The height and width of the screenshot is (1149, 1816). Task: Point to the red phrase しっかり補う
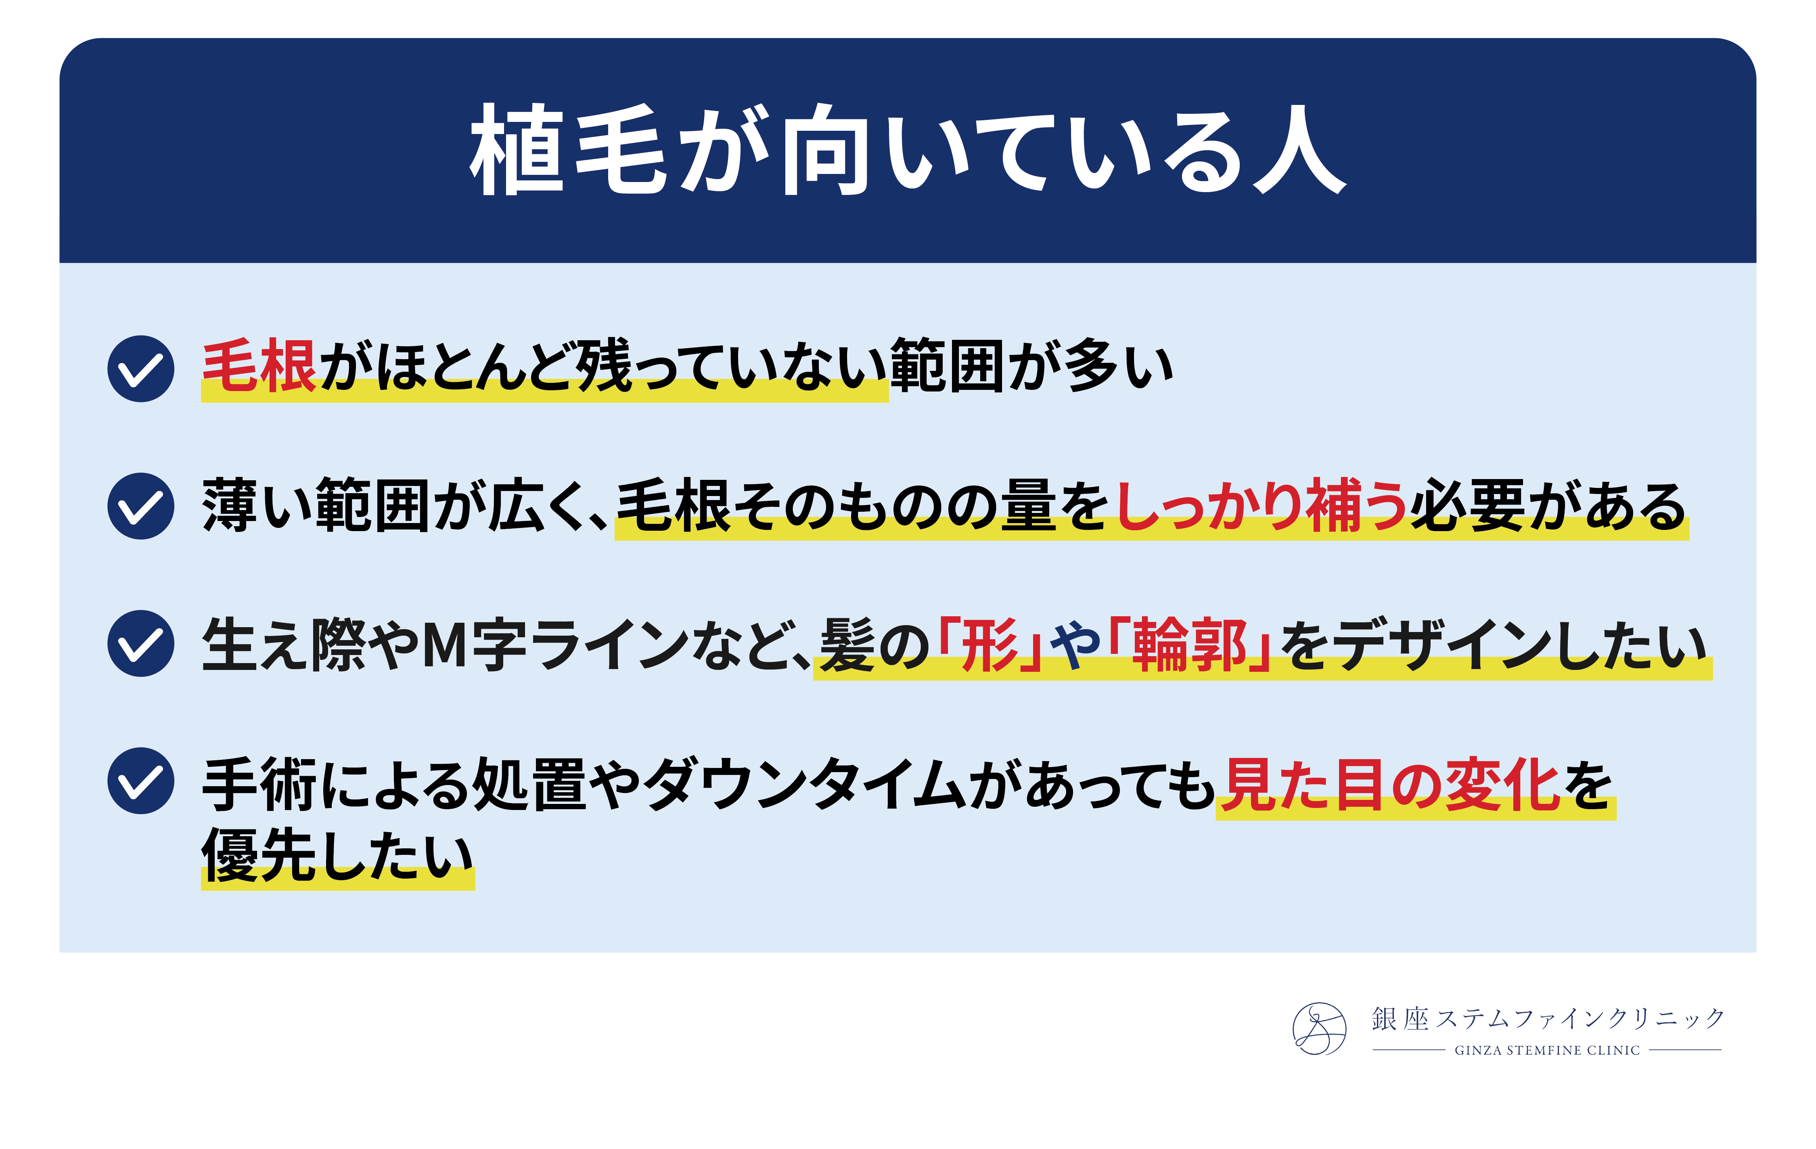(x=1261, y=505)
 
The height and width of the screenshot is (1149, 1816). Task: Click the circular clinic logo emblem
(x=1319, y=1028)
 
